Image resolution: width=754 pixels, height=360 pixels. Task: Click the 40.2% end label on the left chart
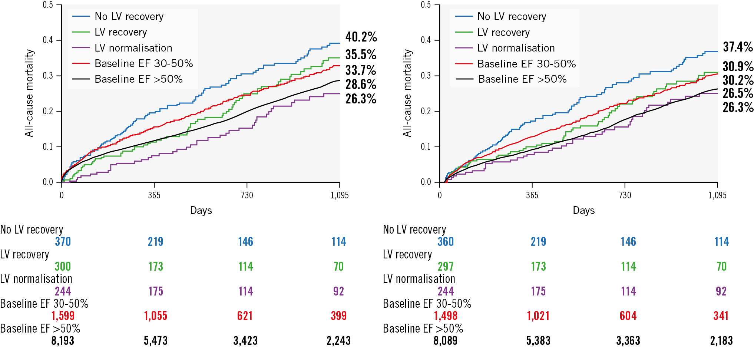click(x=361, y=37)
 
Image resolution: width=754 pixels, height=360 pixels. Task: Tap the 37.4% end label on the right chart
click(x=738, y=47)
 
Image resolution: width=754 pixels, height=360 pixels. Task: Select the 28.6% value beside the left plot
click(x=361, y=85)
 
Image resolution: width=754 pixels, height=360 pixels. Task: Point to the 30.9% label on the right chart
click(x=738, y=67)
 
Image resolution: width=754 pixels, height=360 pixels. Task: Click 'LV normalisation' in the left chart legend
click(x=133, y=48)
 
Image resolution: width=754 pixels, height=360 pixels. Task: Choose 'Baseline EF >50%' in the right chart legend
click(x=522, y=79)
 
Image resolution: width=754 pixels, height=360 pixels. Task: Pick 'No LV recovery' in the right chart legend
click(x=512, y=17)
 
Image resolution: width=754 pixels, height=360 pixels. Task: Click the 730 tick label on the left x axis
click(x=247, y=195)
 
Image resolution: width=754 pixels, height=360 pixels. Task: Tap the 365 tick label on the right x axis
click(x=532, y=195)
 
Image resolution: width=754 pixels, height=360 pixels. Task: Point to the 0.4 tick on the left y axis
click(x=48, y=40)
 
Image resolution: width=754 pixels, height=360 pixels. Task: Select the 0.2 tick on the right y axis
click(x=426, y=111)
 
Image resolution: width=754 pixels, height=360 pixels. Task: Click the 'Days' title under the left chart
click(x=201, y=211)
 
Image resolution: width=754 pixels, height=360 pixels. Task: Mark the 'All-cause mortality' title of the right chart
click(x=407, y=93)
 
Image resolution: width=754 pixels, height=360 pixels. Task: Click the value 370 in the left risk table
click(x=63, y=242)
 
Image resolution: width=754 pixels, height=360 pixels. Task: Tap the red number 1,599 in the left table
click(x=63, y=316)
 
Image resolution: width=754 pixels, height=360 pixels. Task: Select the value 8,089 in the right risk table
click(x=445, y=341)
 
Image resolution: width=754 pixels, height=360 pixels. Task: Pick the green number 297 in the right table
click(x=446, y=267)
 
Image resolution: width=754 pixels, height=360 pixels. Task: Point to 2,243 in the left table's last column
click(x=338, y=341)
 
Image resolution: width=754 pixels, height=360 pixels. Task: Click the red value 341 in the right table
click(x=721, y=316)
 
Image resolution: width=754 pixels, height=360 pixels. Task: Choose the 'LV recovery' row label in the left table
click(x=24, y=254)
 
